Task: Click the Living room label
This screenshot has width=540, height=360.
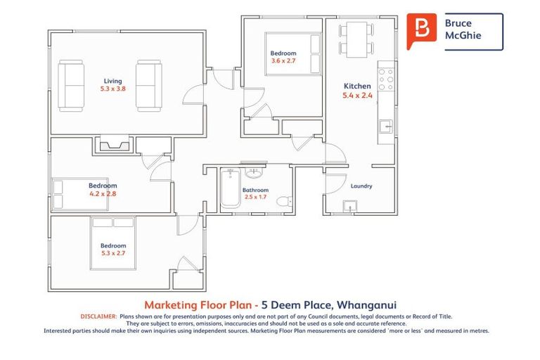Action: coord(113,81)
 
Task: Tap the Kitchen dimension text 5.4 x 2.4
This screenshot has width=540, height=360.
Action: coord(357,96)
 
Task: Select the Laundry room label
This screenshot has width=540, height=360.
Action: coord(361,186)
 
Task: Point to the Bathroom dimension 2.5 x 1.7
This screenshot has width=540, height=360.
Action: coord(255,197)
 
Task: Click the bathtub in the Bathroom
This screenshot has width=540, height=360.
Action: coord(231,188)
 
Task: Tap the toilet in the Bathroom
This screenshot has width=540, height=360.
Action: coord(285,201)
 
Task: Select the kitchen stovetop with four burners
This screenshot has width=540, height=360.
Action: coord(386,79)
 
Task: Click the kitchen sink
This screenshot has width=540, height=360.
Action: coord(386,127)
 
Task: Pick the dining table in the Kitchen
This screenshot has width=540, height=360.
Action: coord(356,39)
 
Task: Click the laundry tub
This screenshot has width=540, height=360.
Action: coord(350,207)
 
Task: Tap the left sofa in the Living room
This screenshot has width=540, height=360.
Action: coord(71,86)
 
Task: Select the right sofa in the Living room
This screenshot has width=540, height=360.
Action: coord(149,86)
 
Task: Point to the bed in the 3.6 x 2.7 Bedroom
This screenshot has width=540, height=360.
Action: coord(293,53)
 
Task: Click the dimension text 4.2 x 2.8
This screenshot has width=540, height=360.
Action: coord(103,193)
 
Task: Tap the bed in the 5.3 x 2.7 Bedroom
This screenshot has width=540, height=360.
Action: coord(113,243)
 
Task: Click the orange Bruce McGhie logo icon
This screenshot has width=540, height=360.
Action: coord(422,31)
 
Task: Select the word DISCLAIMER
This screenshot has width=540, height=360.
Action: coord(99,316)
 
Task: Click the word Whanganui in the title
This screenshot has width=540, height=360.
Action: coord(366,305)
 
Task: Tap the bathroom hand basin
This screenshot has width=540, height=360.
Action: coord(254,172)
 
